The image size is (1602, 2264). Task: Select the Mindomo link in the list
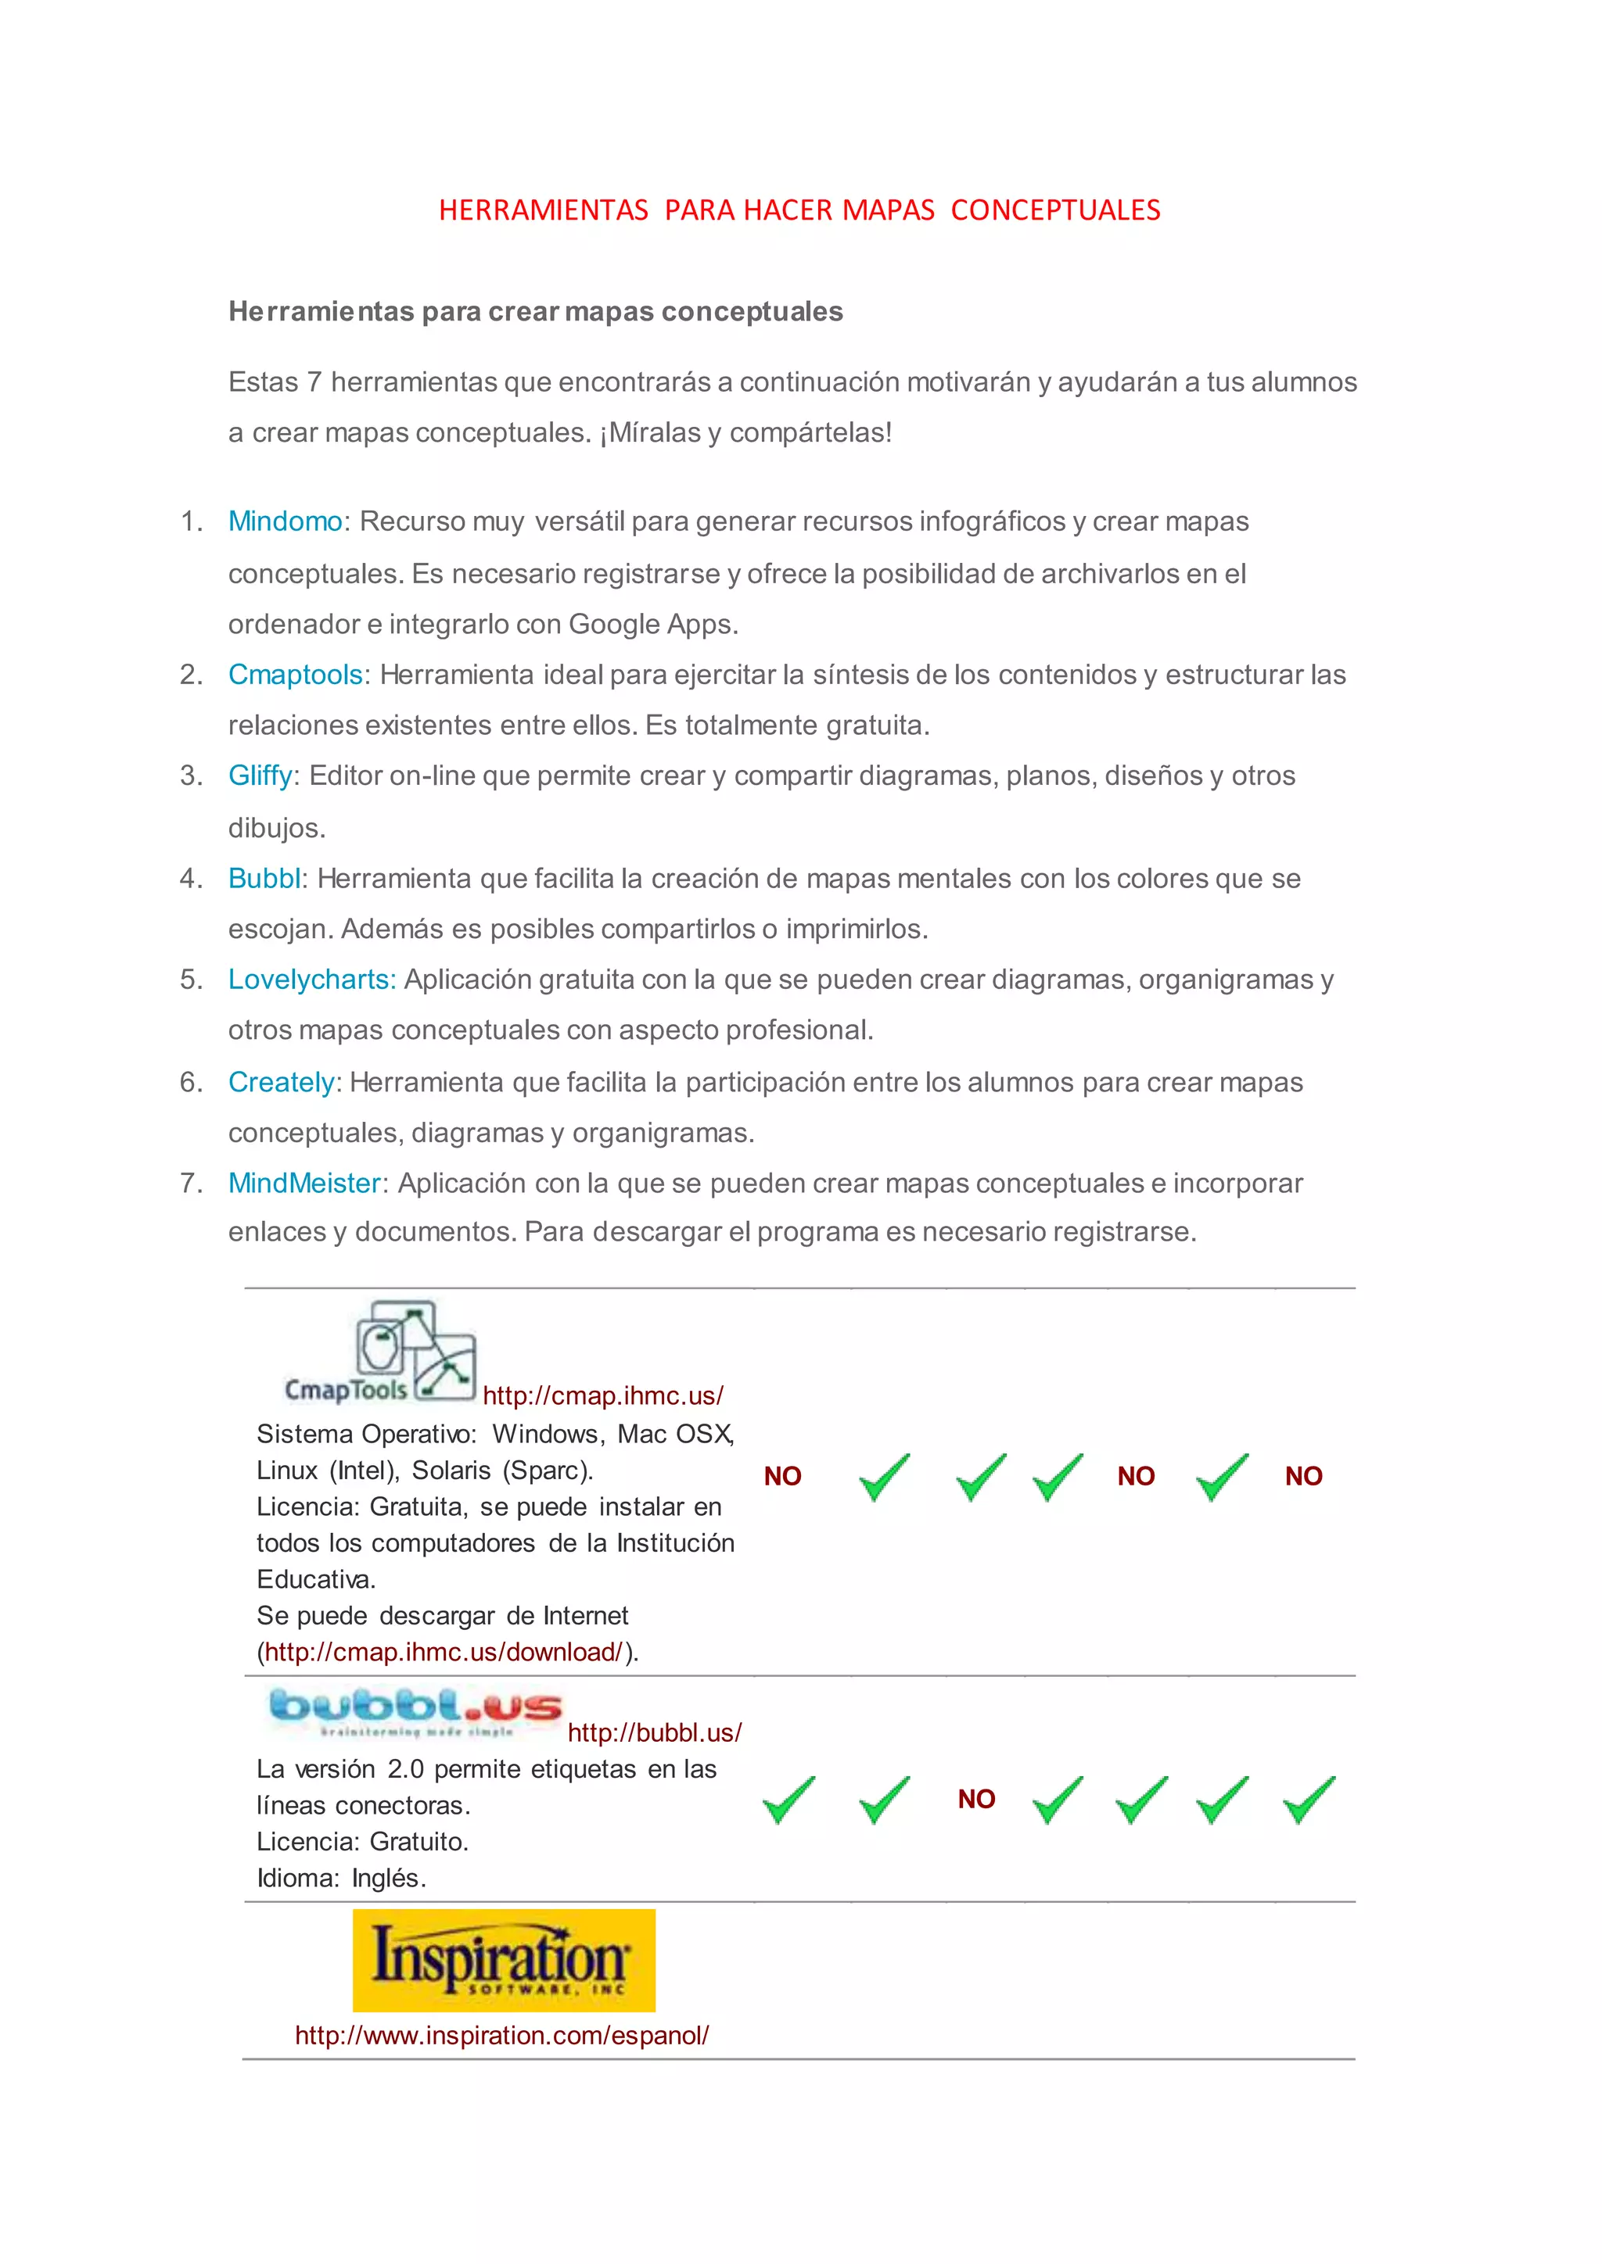[x=285, y=521]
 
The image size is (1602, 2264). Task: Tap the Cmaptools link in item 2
[x=295, y=675]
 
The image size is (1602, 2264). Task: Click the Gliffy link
[x=260, y=776]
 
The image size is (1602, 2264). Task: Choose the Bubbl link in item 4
[x=264, y=879]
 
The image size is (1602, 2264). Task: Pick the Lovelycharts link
[x=311, y=979]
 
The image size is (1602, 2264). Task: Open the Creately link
[x=281, y=1082]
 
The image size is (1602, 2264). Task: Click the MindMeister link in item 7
[x=304, y=1184]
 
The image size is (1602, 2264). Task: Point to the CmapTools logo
[x=380, y=1352]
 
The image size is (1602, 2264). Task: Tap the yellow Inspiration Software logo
[x=504, y=1961]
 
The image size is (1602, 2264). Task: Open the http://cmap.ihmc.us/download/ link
[x=444, y=1652]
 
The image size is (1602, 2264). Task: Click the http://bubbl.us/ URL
[x=654, y=1732]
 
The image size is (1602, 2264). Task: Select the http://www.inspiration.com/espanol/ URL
[x=501, y=2034]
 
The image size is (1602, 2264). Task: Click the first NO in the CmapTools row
[x=782, y=1476]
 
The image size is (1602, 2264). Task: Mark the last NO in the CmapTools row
[x=1303, y=1476]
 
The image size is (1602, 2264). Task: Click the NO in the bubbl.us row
[x=976, y=1799]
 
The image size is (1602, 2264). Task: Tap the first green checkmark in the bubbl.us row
[x=788, y=1800]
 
